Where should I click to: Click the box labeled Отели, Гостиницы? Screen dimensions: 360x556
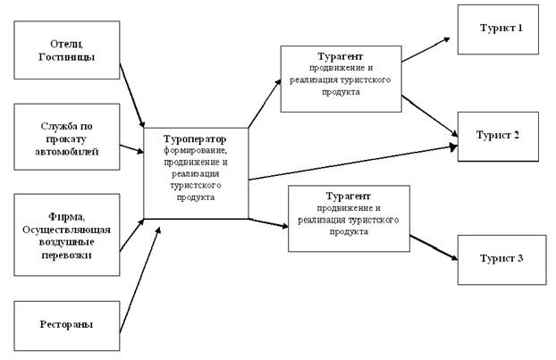coord(68,50)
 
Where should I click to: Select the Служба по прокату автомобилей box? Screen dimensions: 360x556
coord(68,138)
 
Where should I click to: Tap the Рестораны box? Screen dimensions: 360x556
coord(68,327)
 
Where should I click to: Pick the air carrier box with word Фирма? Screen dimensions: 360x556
coord(68,234)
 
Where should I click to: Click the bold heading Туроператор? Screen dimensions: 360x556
coord(195,140)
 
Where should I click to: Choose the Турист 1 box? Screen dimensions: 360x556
coord(498,29)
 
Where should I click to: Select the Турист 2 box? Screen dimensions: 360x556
coord(498,135)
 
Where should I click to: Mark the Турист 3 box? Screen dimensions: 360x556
coord(501,258)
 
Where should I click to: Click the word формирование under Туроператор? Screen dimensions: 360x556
coord(195,151)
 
